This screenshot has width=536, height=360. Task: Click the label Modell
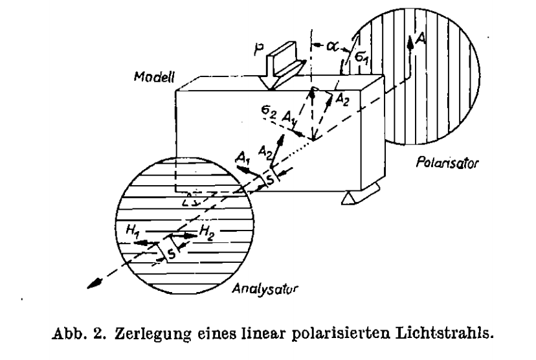[154, 77]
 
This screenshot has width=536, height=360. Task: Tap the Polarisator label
[447, 163]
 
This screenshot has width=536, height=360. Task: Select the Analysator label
[265, 289]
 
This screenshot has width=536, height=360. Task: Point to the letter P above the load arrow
[259, 49]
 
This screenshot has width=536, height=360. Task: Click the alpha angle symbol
[331, 45]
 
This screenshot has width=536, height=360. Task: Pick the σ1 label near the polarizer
[361, 57]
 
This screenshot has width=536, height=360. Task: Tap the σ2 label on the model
[269, 111]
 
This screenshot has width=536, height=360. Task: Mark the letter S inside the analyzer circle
[172, 253]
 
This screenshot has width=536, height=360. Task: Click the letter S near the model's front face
[270, 179]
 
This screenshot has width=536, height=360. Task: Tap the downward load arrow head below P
[269, 84]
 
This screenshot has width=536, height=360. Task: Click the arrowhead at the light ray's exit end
[95, 284]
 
